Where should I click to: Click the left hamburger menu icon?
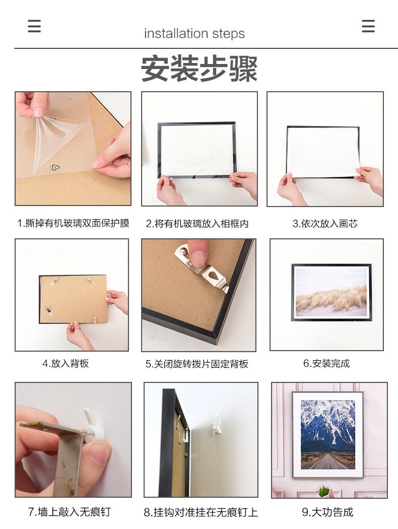(34, 26)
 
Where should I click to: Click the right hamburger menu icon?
(368, 26)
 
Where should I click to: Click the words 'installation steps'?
(194, 34)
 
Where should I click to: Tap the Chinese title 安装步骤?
(199, 69)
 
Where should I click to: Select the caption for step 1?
(73, 223)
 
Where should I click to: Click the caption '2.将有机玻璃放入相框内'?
(197, 224)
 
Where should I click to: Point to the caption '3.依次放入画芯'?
(325, 224)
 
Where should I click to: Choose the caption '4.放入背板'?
(65, 363)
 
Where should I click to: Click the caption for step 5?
(197, 364)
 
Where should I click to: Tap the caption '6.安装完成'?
(326, 363)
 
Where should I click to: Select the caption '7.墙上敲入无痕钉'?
(69, 512)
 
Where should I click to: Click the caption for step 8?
(201, 512)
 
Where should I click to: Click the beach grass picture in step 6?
(331, 292)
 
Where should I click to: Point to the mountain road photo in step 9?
(327, 434)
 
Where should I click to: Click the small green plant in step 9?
(323, 490)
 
